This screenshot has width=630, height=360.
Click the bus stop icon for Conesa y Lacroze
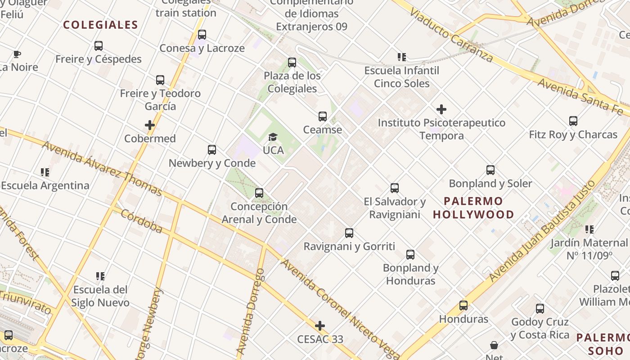click(x=202, y=35)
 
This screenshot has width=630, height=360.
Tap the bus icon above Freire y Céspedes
click(x=99, y=45)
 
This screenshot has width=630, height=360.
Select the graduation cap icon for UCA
click(x=273, y=137)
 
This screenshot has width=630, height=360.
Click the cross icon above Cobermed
click(x=150, y=125)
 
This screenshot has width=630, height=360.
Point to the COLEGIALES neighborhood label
click(x=100, y=25)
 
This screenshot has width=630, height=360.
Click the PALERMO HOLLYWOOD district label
click(x=473, y=207)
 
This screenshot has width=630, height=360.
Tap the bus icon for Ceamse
click(x=323, y=117)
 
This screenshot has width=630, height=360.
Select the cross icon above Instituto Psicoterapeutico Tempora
click(x=441, y=109)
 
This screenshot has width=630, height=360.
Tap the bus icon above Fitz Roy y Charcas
click(x=573, y=121)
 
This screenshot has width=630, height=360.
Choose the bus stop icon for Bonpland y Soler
click(x=490, y=170)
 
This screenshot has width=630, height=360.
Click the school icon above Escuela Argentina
click(x=45, y=172)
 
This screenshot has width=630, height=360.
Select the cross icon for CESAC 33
click(x=320, y=325)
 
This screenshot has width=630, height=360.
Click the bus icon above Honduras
click(x=463, y=306)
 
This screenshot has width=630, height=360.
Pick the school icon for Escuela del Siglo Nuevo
click(x=100, y=276)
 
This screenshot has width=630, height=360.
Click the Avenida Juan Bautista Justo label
click(x=542, y=231)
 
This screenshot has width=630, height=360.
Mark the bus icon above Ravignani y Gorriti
click(x=349, y=233)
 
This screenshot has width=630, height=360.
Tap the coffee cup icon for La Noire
click(x=17, y=54)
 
